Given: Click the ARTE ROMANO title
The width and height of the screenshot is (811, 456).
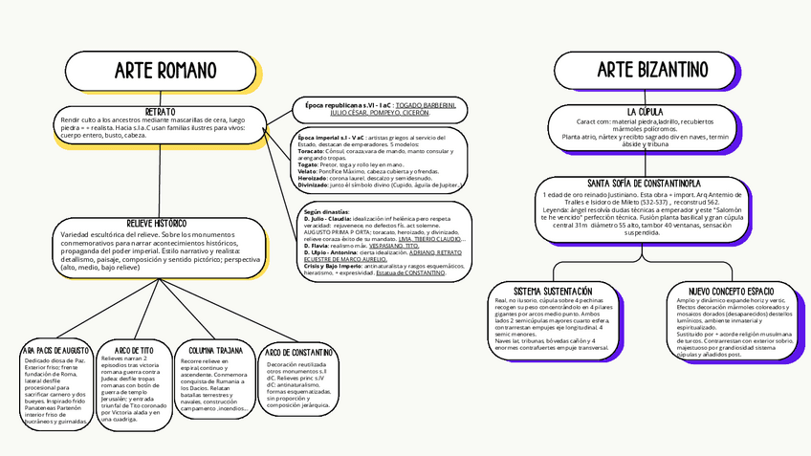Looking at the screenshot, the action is coord(159,71).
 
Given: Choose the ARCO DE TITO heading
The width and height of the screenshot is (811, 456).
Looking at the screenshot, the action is coord(134,350).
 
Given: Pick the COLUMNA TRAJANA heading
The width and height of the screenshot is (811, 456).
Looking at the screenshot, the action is coord(215,351).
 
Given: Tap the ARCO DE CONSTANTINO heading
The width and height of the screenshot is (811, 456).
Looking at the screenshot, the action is coord(299,352).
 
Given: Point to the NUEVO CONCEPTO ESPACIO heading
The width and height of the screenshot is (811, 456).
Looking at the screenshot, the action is coord(732,290).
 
